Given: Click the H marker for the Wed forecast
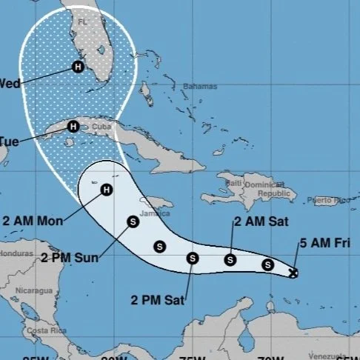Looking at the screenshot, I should point(78,67).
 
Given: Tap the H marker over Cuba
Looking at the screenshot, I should point(73,126).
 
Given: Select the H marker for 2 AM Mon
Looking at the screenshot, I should point(106,190).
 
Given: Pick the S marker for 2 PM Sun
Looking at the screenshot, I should point(133,221).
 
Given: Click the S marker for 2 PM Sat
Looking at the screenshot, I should point(193,259).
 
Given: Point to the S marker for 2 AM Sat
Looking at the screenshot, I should point(230,259).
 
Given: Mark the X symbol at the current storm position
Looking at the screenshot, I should point(293,273).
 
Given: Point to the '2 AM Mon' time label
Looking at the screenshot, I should point(33,220).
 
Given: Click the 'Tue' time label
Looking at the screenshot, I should point(10,140).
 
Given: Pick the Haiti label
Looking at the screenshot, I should point(235,183).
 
